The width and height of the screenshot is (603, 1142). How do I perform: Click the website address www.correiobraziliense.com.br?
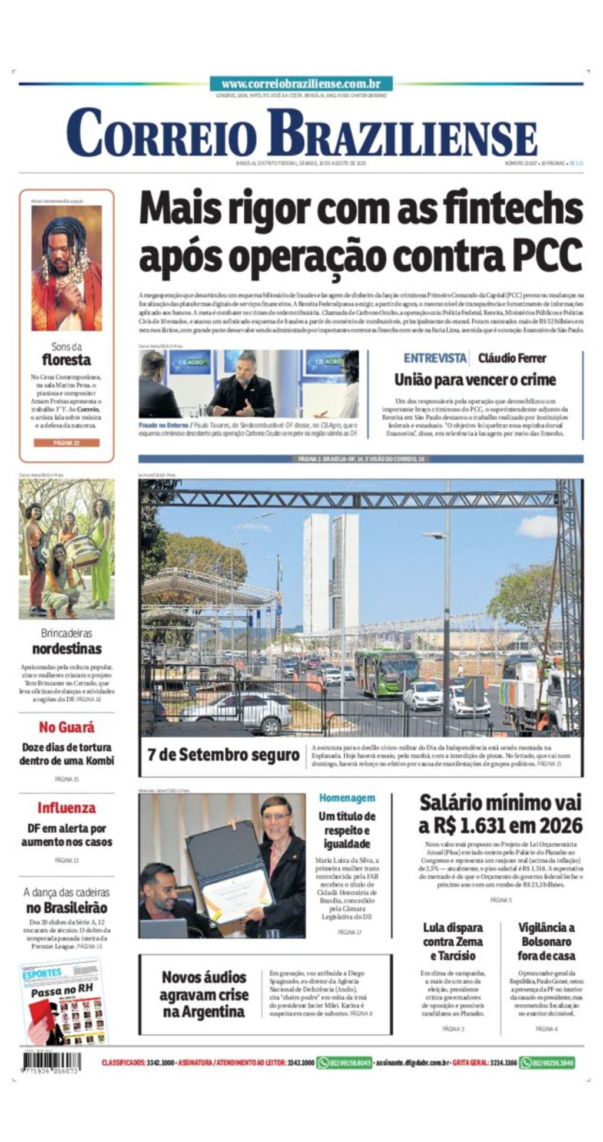click(301, 84)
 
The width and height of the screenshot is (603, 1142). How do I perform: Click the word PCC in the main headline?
click(547, 255)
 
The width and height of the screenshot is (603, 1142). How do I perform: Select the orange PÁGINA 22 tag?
click(66, 443)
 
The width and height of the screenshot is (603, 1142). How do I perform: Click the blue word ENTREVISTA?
click(435, 358)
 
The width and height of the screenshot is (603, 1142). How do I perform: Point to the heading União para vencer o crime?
click(475, 379)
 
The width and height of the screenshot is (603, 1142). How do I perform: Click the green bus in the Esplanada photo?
click(386, 672)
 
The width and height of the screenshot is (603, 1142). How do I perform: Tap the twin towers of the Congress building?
click(330, 573)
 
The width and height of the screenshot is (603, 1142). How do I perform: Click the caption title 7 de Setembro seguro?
click(223, 754)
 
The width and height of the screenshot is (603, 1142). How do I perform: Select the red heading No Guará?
click(67, 727)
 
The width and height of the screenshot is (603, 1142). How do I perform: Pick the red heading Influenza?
click(67, 808)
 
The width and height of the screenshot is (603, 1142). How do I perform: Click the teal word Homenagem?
click(347, 798)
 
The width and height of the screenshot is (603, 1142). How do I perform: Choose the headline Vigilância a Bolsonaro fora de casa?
click(546, 941)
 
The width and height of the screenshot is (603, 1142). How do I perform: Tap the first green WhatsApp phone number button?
click(344, 1063)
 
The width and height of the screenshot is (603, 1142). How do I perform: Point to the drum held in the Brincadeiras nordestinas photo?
click(82, 551)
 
